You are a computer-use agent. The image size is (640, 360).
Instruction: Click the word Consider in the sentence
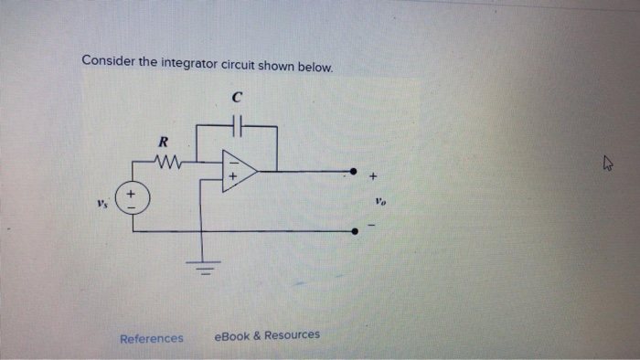[x=107, y=61]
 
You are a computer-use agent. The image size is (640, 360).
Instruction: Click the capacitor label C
[x=237, y=94]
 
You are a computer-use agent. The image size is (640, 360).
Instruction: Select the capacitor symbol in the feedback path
[x=237, y=122]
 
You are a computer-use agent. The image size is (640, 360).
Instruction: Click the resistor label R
[x=163, y=142]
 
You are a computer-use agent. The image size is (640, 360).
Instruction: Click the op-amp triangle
[x=238, y=171]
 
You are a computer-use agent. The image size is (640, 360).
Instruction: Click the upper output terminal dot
[x=355, y=171]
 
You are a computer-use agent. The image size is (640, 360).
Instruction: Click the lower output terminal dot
[x=355, y=231]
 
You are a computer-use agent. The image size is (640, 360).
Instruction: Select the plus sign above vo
[x=373, y=175]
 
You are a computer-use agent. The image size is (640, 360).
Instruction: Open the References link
[x=152, y=338]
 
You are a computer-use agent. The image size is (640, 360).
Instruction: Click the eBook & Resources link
[x=266, y=335]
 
